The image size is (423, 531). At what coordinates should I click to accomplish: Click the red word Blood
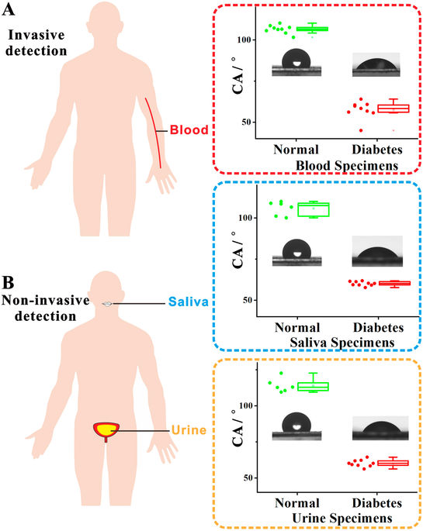pyautogui.click(x=189, y=129)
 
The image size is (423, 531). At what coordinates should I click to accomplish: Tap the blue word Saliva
pyautogui.click(x=188, y=302)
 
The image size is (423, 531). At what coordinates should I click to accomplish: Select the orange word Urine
pyautogui.click(x=189, y=430)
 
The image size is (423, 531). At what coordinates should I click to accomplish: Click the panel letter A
pyautogui.click(x=8, y=9)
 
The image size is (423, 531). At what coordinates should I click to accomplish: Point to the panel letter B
pyautogui.click(x=8, y=283)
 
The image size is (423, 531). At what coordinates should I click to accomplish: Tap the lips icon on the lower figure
pyautogui.click(x=107, y=304)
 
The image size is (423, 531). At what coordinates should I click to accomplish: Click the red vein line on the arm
pyautogui.click(x=154, y=133)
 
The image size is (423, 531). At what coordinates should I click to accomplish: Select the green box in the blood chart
pyautogui.click(x=312, y=29)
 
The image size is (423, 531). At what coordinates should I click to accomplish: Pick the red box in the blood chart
pyautogui.click(x=394, y=109)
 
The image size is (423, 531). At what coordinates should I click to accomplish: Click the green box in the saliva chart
pyautogui.click(x=314, y=209)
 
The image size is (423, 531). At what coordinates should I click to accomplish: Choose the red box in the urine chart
pyautogui.click(x=393, y=463)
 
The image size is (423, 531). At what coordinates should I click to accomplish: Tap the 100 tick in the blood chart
pyautogui.click(x=244, y=40)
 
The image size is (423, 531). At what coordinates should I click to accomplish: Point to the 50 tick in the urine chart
pyautogui.click(x=248, y=478)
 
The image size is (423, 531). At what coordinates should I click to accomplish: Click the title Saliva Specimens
pyautogui.click(x=342, y=343)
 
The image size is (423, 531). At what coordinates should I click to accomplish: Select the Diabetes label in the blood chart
pyautogui.click(x=377, y=150)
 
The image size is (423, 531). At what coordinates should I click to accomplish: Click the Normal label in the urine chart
pyautogui.click(x=297, y=503)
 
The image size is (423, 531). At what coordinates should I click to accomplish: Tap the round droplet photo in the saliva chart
pyautogui.click(x=296, y=252)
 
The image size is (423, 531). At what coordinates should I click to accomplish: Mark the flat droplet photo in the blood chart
pyautogui.click(x=376, y=64)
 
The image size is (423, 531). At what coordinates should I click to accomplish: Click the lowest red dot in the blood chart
pyautogui.click(x=361, y=130)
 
